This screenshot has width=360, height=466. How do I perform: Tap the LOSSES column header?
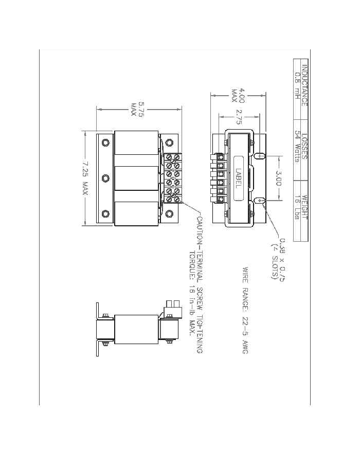tap(305, 149)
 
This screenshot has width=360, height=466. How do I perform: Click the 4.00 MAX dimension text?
tap(238, 95)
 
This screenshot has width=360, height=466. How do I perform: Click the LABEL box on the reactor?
tap(238, 178)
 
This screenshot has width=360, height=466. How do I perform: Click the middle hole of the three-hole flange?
tap(105, 178)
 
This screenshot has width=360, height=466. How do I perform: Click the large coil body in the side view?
tap(136, 328)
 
